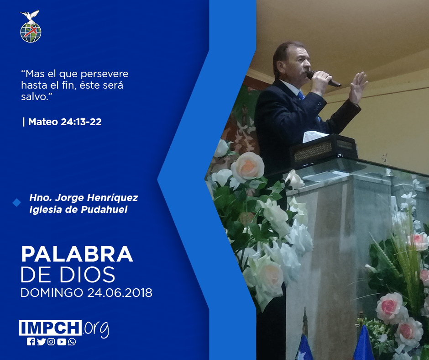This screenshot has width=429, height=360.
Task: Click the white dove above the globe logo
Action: (x=30, y=16)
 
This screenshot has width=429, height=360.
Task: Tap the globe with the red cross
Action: (x=31, y=32)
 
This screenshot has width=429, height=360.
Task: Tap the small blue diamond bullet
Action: (x=17, y=203)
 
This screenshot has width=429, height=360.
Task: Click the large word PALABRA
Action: (x=77, y=254)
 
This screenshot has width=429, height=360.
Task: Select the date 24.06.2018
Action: (x=120, y=293)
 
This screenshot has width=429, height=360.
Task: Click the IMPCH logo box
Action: (x=50, y=328)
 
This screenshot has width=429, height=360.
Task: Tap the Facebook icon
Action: (x=31, y=342)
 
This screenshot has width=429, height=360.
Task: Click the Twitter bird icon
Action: (x=42, y=342)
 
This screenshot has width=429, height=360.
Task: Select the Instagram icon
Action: (x=51, y=342)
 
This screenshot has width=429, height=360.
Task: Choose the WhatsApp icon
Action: (x=72, y=342)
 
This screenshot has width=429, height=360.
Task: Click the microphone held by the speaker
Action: (x=324, y=79)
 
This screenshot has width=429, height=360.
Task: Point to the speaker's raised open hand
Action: (x=358, y=87)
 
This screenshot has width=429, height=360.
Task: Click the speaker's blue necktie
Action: (x=301, y=95)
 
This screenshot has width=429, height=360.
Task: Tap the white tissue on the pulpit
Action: (x=315, y=136)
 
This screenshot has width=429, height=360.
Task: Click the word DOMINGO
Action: (x=52, y=293)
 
